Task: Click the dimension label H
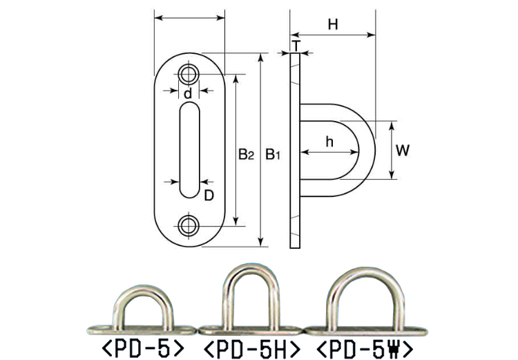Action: [x=333, y=23]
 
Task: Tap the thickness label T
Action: [x=296, y=46]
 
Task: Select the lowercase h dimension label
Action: [x=329, y=142]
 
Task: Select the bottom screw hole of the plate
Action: [x=189, y=224]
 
